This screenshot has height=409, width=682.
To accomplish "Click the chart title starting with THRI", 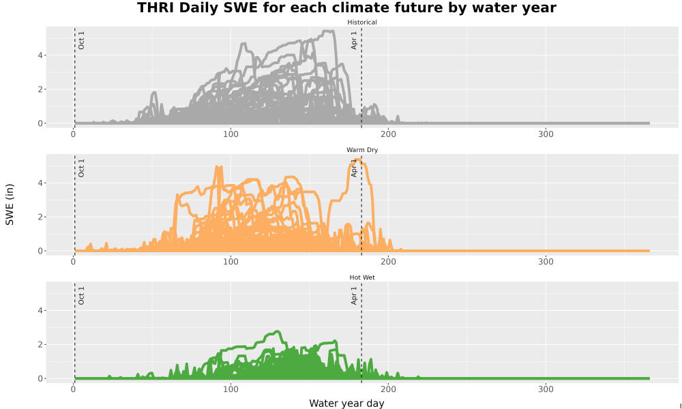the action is point(346,7).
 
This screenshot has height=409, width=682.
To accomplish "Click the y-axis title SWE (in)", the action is point(10,204).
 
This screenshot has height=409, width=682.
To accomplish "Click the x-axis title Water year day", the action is point(346,404).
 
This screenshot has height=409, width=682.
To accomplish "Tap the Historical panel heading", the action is point(362,22).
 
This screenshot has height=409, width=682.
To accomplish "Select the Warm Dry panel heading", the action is point(362,150).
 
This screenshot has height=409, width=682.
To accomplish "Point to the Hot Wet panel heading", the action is point(362,277).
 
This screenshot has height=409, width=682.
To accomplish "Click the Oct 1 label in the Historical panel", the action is point(81,40).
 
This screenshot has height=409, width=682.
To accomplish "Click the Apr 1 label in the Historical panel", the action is point(354,40).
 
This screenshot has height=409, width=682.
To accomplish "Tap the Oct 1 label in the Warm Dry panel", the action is point(81,168).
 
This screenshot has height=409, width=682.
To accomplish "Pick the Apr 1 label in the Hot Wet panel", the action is point(354,296).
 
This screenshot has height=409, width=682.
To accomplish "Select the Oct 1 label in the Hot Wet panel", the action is point(81,296).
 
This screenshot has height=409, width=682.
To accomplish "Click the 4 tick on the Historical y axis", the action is point(40,56).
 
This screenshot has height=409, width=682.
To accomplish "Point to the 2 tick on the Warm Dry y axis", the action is point(40,217).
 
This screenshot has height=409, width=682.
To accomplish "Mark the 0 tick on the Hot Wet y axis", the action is point(40,378).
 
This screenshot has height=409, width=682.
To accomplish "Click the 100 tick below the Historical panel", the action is point(231,134).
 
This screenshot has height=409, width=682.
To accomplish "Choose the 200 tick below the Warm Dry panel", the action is point(388,262).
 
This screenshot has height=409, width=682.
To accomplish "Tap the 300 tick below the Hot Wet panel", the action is point(546,389).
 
